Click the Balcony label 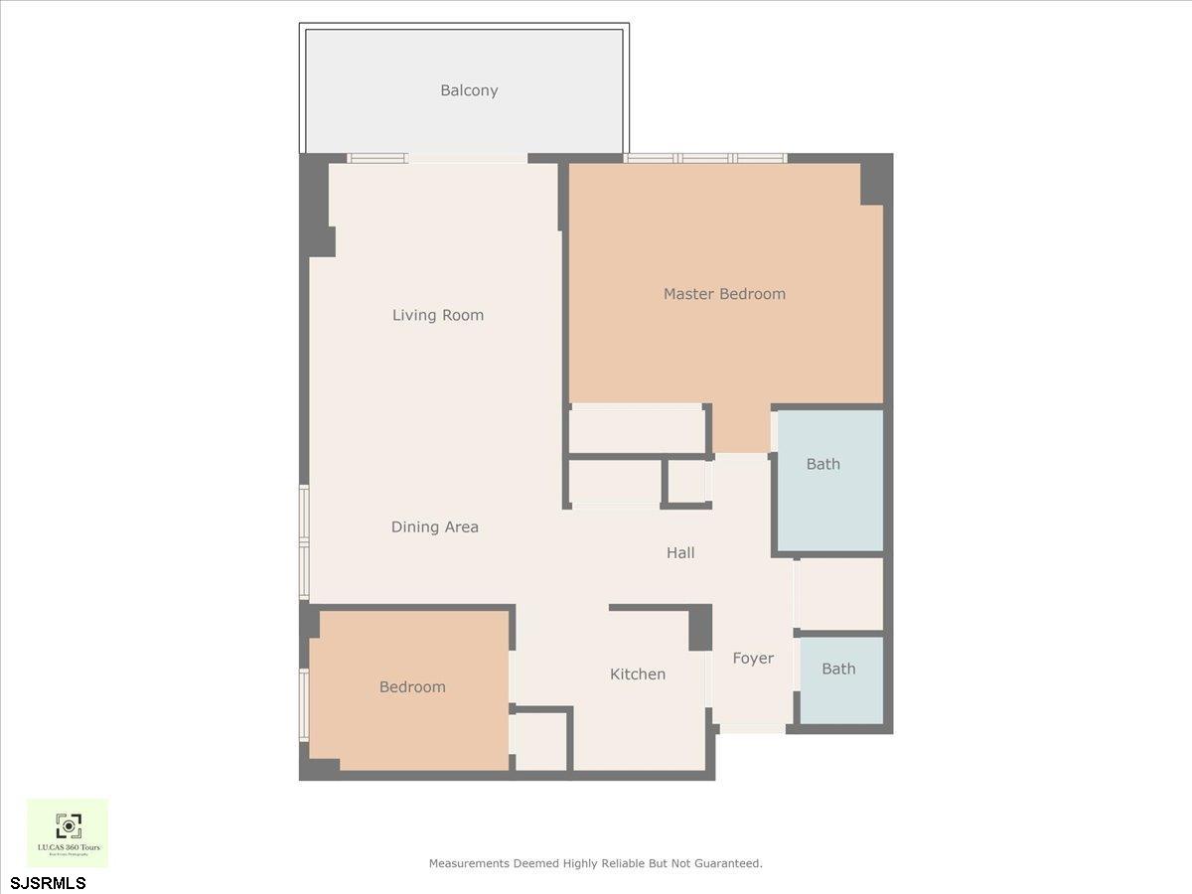click(469, 90)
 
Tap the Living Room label click(438, 315)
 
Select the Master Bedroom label click(724, 294)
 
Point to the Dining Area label click(435, 527)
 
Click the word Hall click(680, 553)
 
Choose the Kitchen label click(638, 674)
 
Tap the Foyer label click(753, 659)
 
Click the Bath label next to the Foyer click(838, 670)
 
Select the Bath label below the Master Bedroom click(823, 464)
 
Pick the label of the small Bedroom click(412, 687)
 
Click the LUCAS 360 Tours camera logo click(68, 825)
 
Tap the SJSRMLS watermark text click(49, 882)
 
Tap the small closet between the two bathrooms click(839, 594)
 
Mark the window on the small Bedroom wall click(304, 703)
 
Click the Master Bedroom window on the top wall click(705, 158)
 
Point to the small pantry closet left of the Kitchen click(541, 741)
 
